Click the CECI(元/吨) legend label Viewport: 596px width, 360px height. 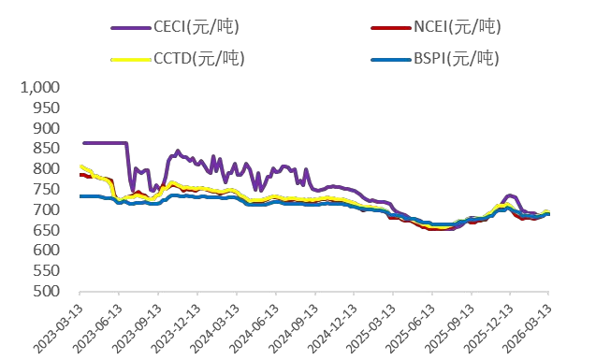pos(200,25)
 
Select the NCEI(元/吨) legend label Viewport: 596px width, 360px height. pos(457,25)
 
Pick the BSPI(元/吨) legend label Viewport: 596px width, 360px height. pos(457,60)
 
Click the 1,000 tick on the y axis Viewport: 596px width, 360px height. pos(39,87)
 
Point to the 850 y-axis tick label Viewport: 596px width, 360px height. pos(46,149)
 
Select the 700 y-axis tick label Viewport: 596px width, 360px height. pos(46,209)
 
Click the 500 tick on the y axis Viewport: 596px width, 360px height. pos(46,292)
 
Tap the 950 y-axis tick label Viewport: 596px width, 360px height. pos(46,108)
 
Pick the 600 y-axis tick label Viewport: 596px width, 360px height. pos(46,251)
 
